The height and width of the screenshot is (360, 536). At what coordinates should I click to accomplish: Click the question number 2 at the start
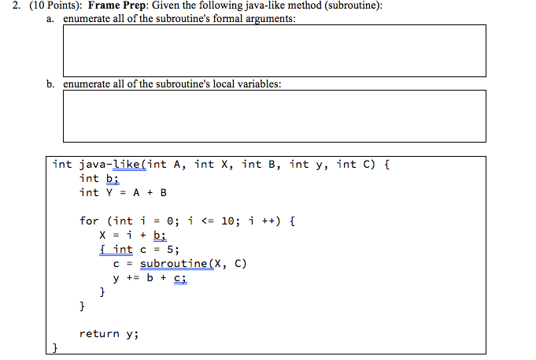[x=6, y=6]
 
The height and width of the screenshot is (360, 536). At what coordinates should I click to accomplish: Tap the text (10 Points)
[x=46, y=6]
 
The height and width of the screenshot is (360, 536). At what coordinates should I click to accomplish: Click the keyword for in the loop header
[x=90, y=221]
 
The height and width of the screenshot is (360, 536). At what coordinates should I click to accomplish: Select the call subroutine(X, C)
[x=193, y=264]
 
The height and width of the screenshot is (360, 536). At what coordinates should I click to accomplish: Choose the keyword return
[x=99, y=334]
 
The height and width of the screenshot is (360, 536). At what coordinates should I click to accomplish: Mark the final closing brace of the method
[x=55, y=347]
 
